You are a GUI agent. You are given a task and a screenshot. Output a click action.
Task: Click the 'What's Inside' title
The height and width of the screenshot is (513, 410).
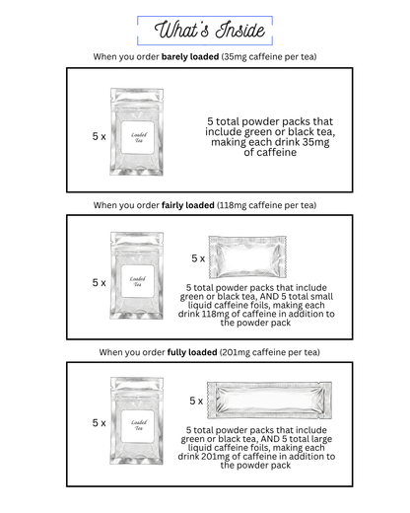coord(204,29)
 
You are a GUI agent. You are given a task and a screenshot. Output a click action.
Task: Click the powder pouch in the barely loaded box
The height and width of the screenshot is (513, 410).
coord(135,131)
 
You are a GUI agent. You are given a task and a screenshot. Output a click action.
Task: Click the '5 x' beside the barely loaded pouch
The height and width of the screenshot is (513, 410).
coord(99,136)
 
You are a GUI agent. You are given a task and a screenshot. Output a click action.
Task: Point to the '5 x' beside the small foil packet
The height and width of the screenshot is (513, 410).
coord(198,258)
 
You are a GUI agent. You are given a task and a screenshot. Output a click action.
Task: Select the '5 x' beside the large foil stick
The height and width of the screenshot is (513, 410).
coord(197,402)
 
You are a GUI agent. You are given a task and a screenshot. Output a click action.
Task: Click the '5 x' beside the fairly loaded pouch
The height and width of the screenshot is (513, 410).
coord(99,282)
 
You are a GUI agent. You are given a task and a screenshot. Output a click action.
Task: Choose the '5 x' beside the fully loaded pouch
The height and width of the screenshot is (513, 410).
coord(99,422)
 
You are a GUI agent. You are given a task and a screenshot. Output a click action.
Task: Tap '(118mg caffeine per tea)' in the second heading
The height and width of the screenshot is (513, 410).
coord(269,205)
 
